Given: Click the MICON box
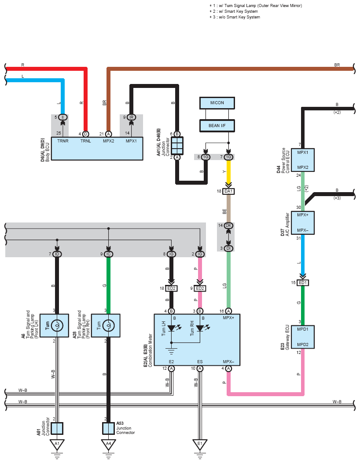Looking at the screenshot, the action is point(217,103).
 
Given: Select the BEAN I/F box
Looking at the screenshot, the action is point(217,125).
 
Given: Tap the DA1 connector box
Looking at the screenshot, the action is point(228,191).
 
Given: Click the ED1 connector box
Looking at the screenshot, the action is point(303,283).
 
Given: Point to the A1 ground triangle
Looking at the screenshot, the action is point(57,444).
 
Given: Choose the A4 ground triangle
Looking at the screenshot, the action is point(108,444).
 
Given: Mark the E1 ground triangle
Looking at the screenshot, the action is point(200,444).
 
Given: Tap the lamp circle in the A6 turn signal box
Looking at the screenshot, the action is point(57,325).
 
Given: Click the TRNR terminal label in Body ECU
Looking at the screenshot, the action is point(62,141).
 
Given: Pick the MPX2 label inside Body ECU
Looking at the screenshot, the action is point(108,141).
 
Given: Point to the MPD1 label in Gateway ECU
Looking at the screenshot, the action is point(303,329).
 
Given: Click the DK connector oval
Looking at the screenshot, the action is point(228,226).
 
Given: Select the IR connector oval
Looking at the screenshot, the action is point(131,117).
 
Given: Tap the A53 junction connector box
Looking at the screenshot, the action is point(108,428).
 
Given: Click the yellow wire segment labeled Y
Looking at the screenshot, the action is point(228,172).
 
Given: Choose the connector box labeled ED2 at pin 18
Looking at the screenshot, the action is point(171,288).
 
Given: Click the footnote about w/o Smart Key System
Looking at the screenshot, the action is point(235,17).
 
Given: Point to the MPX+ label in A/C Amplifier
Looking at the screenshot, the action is point(303,215).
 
